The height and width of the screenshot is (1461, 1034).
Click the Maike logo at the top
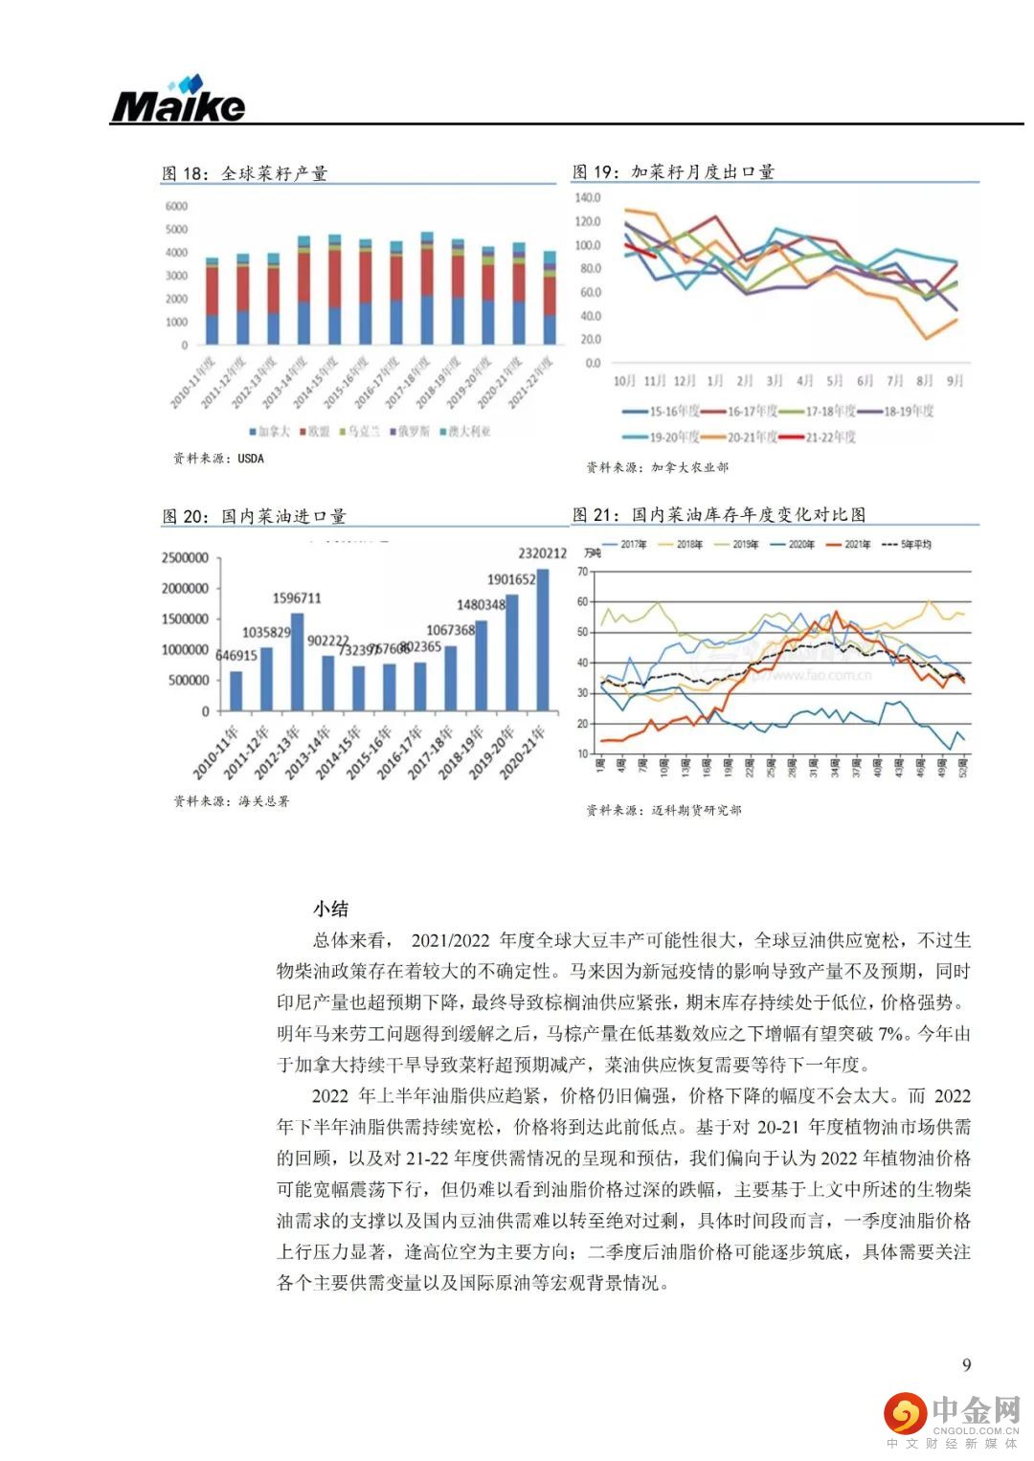pyautogui.click(x=178, y=101)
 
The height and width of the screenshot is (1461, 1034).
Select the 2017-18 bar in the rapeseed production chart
pyautogui.click(x=427, y=288)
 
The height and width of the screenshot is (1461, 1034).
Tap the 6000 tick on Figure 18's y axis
pyautogui.click(x=176, y=206)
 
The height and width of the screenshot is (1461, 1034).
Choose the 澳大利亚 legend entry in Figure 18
pyautogui.click(x=465, y=432)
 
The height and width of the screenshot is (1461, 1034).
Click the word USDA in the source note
pyautogui.click(x=250, y=459)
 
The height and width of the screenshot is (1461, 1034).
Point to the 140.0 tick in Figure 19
pyautogui.click(x=587, y=198)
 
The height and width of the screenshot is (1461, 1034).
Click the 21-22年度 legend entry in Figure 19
pyautogui.click(x=818, y=437)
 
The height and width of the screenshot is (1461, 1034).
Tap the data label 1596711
pyautogui.click(x=297, y=598)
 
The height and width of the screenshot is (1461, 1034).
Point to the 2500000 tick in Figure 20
pyautogui.click(x=185, y=558)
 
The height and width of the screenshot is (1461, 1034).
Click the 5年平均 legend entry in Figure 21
pyautogui.click(x=910, y=545)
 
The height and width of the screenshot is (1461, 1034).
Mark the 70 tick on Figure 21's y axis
pyautogui.click(x=581, y=572)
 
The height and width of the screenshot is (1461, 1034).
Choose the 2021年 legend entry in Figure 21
pyautogui.click(x=850, y=545)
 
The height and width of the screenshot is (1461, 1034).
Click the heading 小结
pyautogui.click(x=330, y=909)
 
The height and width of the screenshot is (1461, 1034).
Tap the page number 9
pyautogui.click(x=966, y=1364)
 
